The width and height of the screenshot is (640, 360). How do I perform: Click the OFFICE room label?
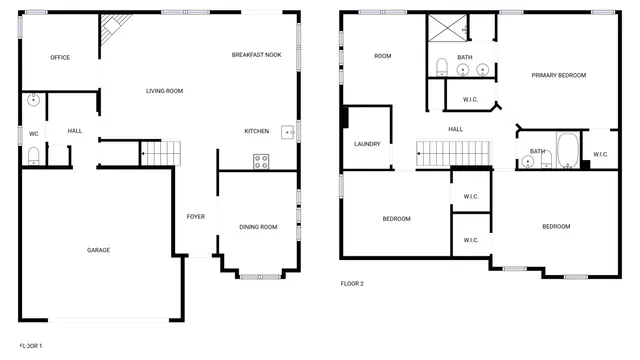(x=60, y=57)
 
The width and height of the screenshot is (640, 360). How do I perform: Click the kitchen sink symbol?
(x=286, y=130)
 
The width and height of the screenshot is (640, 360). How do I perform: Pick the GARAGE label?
(x=98, y=250)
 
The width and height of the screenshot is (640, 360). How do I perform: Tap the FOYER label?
(x=195, y=216)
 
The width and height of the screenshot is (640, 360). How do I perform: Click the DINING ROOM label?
(x=258, y=227)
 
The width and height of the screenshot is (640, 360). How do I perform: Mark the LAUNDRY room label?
(x=367, y=144)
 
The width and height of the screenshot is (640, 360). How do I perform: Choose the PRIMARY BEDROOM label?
(x=558, y=75)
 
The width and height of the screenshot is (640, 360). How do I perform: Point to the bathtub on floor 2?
(x=565, y=149)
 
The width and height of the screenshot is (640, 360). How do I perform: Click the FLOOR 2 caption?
(x=352, y=283)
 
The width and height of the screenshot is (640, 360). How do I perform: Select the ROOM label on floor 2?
(x=382, y=56)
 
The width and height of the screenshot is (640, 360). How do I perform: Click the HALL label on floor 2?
(x=455, y=129)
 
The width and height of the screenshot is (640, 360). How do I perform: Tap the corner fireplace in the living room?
(x=108, y=38)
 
